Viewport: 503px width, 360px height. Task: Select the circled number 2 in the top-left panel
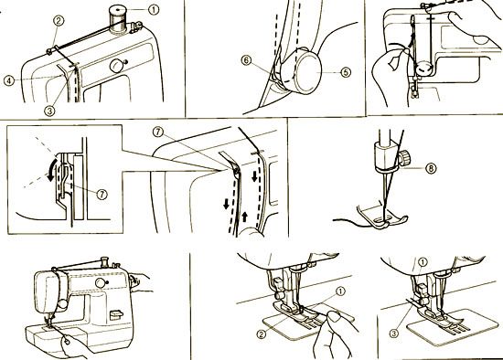click(x=59, y=20)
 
